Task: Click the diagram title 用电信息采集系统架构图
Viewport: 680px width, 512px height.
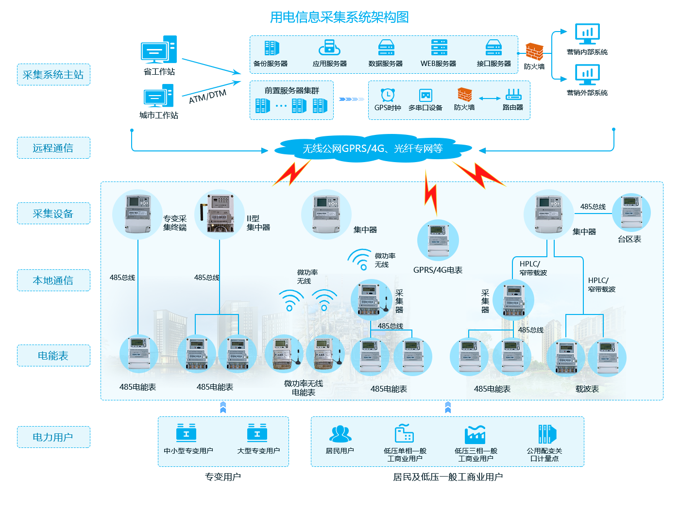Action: coord(339,17)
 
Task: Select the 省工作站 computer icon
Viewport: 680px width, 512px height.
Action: coord(159,50)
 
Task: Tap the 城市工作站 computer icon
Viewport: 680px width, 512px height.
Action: coord(158,96)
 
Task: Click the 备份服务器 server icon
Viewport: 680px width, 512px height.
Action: coord(272,48)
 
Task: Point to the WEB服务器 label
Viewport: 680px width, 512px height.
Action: coord(438,64)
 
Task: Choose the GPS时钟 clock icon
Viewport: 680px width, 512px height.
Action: coord(388,95)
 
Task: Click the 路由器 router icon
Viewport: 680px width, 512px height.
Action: coord(513,94)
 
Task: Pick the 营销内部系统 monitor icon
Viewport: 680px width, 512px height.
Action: coord(587,34)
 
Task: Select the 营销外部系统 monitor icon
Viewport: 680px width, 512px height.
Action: coord(587,75)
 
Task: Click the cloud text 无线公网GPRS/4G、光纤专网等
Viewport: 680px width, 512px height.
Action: coord(373,149)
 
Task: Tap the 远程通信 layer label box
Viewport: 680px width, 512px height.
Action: coord(53,148)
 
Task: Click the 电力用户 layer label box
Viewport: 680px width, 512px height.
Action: coord(53,437)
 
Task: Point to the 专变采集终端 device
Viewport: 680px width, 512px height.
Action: coord(137,214)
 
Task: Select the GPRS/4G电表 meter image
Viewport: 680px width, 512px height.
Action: coord(438,240)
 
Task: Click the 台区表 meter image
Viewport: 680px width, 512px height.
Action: coord(631,212)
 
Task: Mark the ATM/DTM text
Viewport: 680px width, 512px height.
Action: coord(207,97)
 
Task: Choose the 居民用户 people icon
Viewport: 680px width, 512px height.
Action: coord(340,433)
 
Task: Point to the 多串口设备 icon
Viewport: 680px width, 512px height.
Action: coord(425,95)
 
